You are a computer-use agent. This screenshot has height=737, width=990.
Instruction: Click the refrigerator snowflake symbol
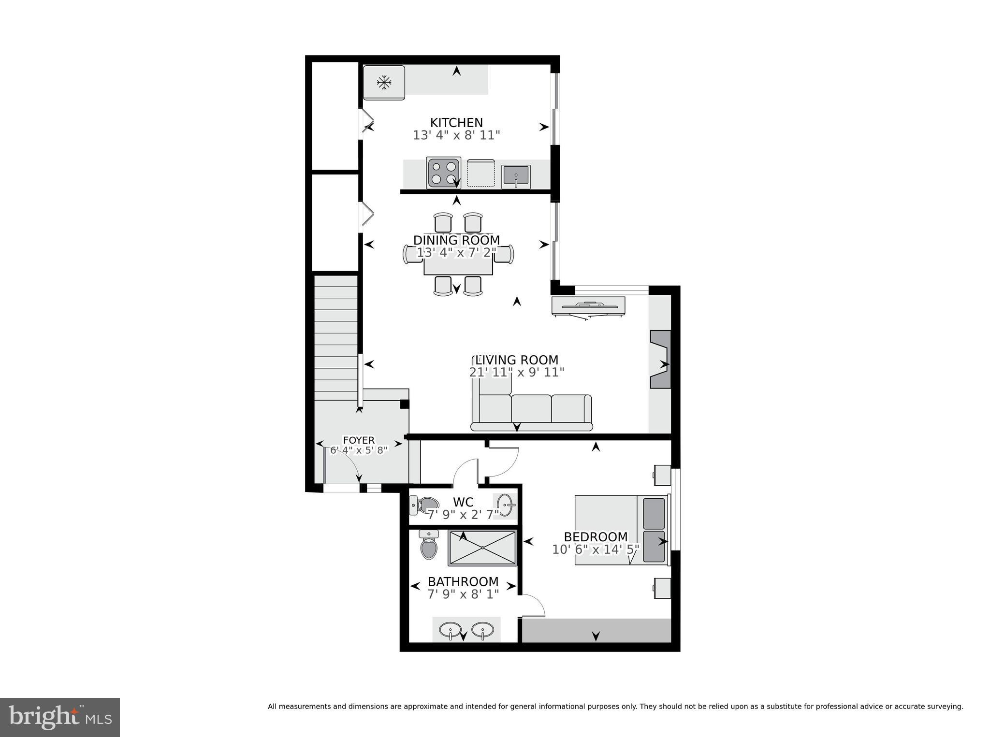pos(384,83)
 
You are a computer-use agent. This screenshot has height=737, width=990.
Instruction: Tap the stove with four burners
pos(444,173)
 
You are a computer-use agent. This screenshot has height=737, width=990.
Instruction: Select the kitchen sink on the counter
pos(516,176)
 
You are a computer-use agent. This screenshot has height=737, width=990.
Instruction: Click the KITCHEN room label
pos(456,123)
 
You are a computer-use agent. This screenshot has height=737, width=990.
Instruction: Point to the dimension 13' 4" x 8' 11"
pos(456,135)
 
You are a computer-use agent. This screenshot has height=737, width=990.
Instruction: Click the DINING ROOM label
pos(456,240)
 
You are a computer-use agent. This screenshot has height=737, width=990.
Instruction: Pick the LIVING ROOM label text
pos(516,360)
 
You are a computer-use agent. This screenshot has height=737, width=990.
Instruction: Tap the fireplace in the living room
pos(660,359)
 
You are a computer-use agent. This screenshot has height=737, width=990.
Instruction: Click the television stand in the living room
pos(588,306)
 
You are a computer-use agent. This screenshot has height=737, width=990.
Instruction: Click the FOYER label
pos(359,440)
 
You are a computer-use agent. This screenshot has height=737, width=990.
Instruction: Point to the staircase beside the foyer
pos(336,338)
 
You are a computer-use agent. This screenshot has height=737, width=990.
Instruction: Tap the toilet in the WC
pos(423,505)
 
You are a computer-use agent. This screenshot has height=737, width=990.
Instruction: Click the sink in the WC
pos(505,505)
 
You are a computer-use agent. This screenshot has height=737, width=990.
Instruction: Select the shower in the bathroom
pos(482,548)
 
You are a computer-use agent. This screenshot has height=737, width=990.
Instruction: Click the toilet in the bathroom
pos(429,545)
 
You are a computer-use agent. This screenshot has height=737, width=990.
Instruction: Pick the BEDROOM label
pos(596,537)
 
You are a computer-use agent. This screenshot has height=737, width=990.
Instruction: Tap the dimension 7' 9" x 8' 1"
pos(463,594)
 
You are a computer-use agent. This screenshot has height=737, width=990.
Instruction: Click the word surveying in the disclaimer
pos(945,707)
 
